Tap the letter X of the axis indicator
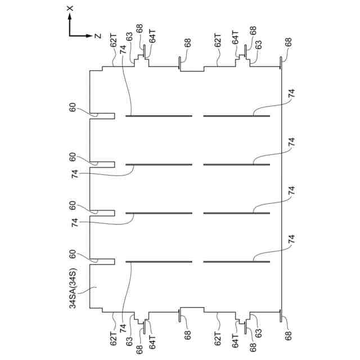(69, 8)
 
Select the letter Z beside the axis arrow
(98, 36)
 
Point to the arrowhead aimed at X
(69, 17)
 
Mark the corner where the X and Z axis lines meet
(69, 35)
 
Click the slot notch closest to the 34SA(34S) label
(102, 262)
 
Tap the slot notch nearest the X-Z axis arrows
(102, 116)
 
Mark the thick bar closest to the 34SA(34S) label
(159, 262)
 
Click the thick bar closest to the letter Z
(159, 116)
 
